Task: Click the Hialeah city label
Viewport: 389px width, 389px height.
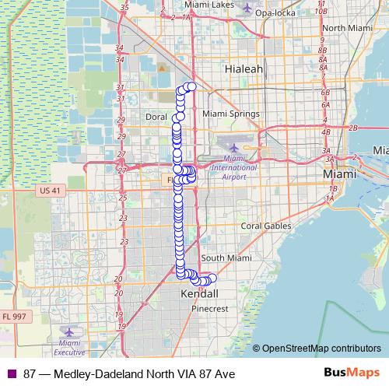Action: pyautogui.click(x=244, y=69)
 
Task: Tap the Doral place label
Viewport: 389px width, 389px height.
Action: pyautogui.click(x=157, y=117)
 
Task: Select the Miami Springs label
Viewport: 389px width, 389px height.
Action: pyautogui.click(x=230, y=114)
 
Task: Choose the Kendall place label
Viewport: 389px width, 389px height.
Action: pyautogui.click(x=199, y=294)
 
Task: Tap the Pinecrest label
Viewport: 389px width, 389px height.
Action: pyautogui.click(x=209, y=308)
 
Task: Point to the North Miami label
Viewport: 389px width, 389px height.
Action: pyautogui.click(x=345, y=28)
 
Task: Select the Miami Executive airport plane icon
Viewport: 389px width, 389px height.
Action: pyautogui.click(x=72, y=331)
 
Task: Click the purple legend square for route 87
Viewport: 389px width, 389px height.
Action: pyautogui.click(x=10, y=373)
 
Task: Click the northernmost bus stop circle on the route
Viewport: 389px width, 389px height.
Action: pyautogui.click(x=191, y=86)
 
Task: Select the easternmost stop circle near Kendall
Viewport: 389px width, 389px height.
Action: pyautogui.click(x=212, y=279)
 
